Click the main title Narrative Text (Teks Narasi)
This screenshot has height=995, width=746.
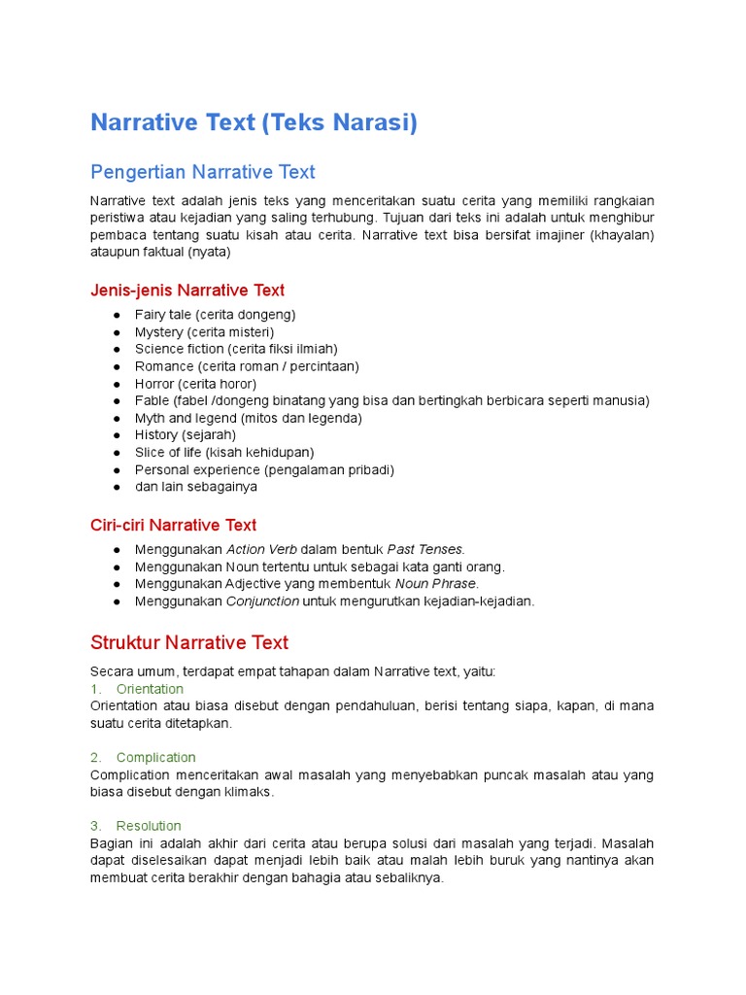click(x=254, y=123)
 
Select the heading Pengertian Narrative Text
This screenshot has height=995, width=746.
click(x=202, y=172)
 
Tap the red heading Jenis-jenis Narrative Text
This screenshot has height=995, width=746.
click(x=187, y=290)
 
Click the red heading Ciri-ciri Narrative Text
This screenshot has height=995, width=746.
click(x=173, y=525)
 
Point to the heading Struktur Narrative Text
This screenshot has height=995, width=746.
click(x=189, y=642)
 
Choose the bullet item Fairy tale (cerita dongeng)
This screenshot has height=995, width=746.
click(x=215, y=315)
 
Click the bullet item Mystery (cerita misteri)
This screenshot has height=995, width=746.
click(x=204, y=332)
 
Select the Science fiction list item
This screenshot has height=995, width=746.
click(x=236, y=349)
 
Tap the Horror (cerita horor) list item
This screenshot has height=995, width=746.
click(x=195, y=384)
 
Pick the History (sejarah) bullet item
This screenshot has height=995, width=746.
click(x=186, y=435)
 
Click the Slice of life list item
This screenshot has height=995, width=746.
click(x=224, y=452)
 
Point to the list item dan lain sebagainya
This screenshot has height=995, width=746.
click(x=196, y=487)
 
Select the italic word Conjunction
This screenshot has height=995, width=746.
click(x=262, y=601)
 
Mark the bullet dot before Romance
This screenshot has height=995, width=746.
click(x=117, y=367)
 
